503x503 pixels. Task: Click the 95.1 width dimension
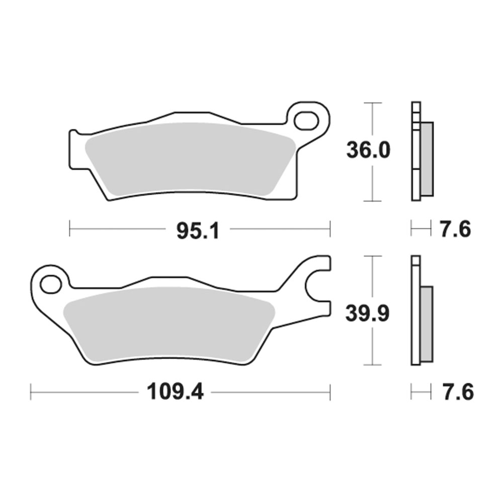(198, 231)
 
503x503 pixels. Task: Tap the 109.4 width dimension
(175, 392)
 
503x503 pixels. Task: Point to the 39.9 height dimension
(367, 313)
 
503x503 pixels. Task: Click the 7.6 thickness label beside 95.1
(455, 229)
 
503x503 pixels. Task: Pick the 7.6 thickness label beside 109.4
(458, 392)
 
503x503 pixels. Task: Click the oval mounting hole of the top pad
(306, 121)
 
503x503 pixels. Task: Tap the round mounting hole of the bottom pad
(51, 284)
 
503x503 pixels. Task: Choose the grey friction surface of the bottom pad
(169, 324)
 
